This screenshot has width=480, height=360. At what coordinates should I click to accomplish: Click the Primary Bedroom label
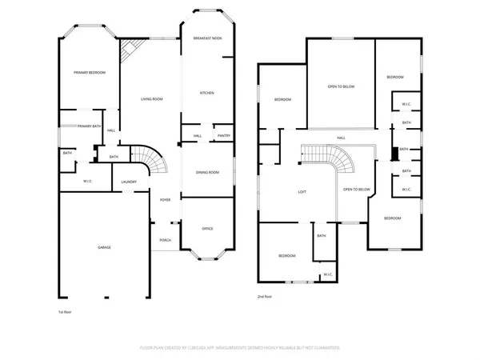point(86,73)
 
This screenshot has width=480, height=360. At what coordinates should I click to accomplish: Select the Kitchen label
point(206,94)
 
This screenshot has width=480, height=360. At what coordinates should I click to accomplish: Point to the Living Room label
point(152,99)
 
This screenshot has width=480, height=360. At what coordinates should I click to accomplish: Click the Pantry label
point(224,136)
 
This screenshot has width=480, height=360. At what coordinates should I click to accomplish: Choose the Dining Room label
point(207,172)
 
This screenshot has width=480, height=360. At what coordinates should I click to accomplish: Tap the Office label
point(207,229)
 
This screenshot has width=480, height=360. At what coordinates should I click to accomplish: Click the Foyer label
point(165,200)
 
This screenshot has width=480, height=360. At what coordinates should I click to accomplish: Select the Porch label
point(165,240)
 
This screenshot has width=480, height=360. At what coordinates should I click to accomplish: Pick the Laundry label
point(129,182)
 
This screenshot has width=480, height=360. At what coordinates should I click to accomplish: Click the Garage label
point(105,247)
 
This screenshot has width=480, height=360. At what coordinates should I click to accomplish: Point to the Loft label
point(302,192)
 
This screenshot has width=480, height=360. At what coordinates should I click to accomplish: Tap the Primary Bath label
point(89,126)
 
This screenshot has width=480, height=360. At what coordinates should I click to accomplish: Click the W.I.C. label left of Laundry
point(89,181)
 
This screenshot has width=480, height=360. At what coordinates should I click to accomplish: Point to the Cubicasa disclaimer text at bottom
point(240,348)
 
